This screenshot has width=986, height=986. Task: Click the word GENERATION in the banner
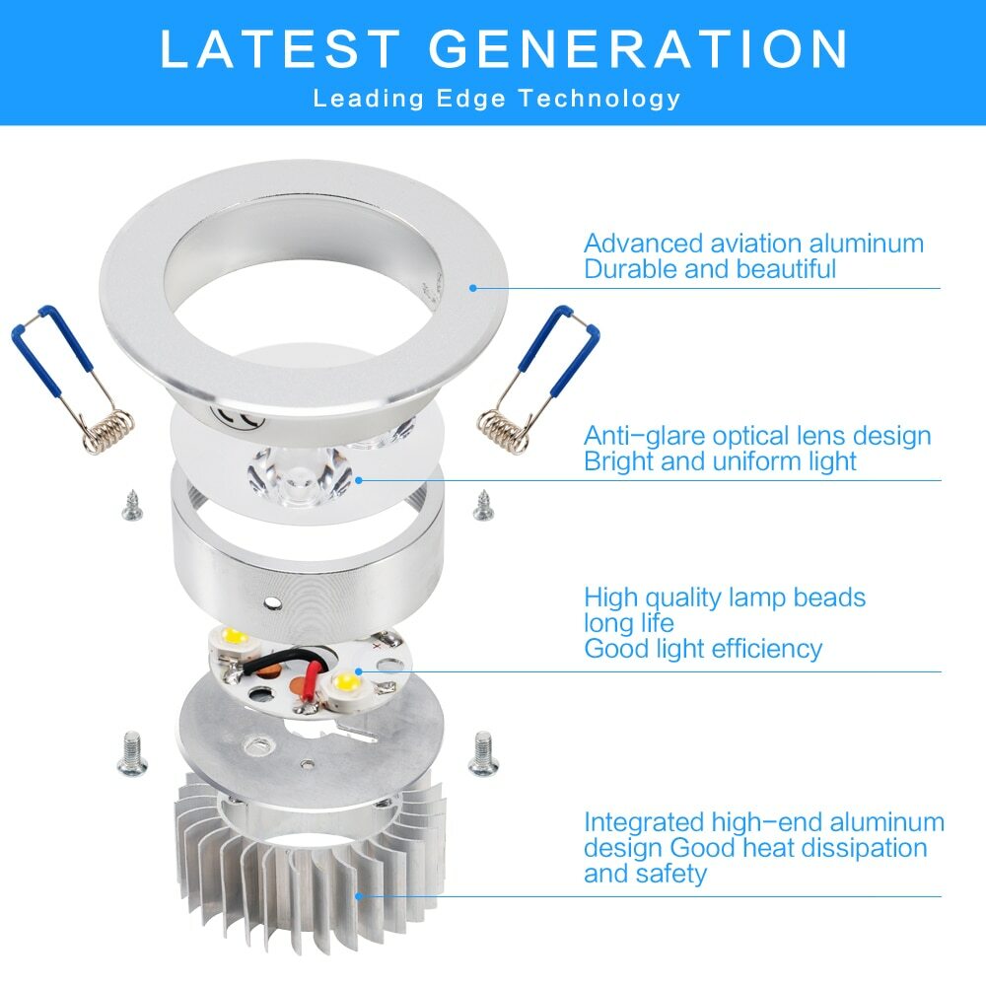click(639, 49)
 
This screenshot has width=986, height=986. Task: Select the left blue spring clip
click(72, 375)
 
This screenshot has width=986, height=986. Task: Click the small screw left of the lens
click(130, 507)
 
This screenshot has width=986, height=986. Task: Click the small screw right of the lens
click(483, 506)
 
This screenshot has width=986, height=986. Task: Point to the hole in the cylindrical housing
click(273, 601)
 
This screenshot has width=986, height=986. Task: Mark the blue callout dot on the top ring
click(473, 288)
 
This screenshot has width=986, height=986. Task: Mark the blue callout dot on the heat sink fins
click(358, 895)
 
